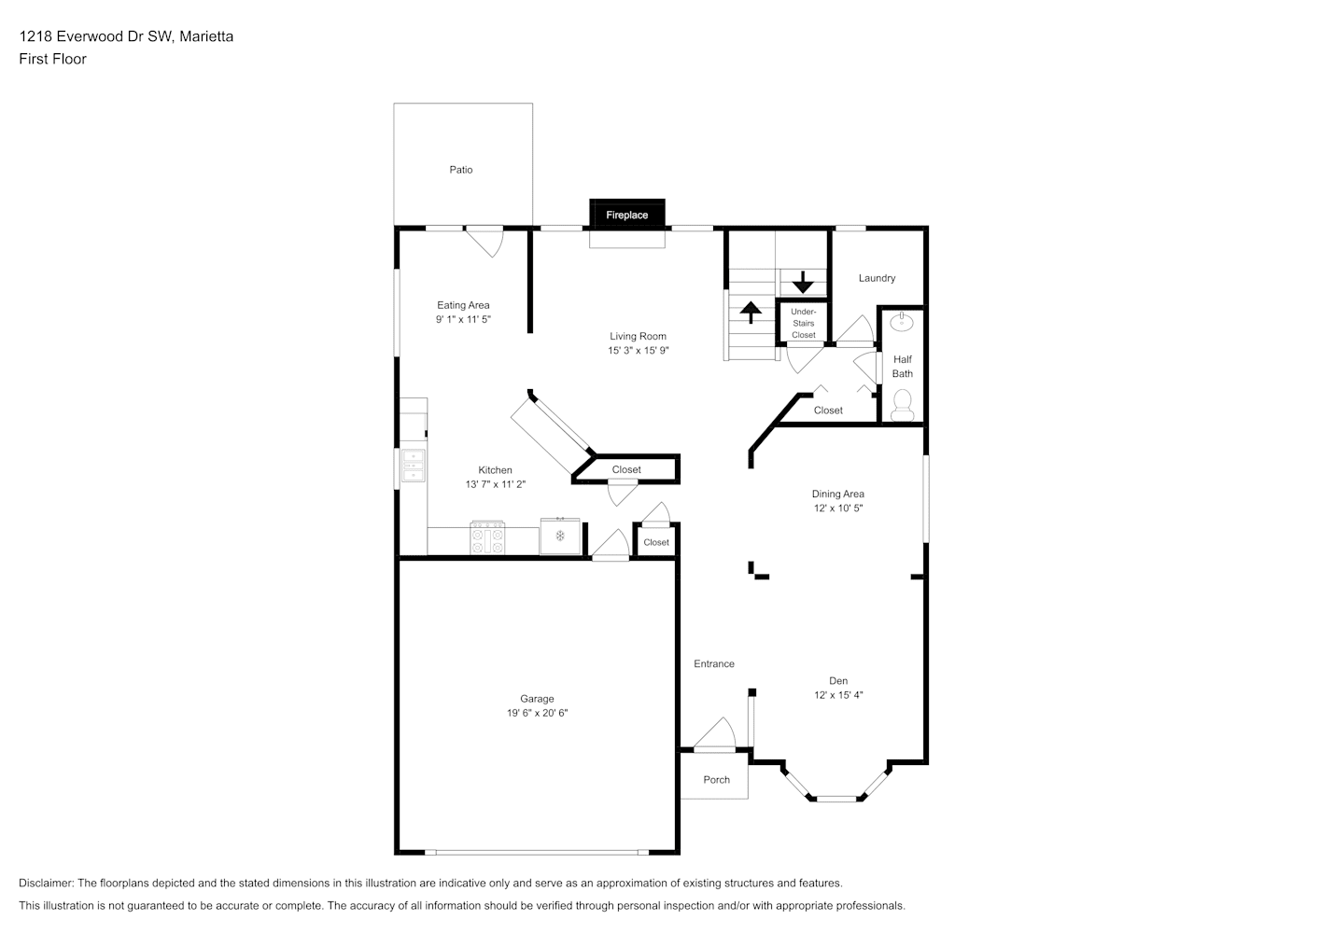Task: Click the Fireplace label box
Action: click(x=627, y=215)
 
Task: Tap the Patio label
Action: click(x=461, y=170)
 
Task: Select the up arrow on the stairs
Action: click(x=751, y=313)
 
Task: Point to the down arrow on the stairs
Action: click(x=803, y=282)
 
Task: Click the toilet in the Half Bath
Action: click(x=902, y=406)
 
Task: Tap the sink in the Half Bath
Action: click(x=901, y=322)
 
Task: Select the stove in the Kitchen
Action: click(x=487, y=537)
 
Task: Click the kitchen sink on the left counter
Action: click(x=414, y=466)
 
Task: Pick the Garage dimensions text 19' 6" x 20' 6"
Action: click(x=537, y=713)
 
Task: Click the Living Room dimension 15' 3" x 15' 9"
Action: click(x=639, y=351)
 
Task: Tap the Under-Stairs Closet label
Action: click(x=803, y=324)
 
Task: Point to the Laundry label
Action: click(x=877, y=278)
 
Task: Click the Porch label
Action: click(x=717, y=780)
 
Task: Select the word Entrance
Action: click(x=714, y=663)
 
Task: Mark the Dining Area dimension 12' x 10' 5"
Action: click(x=838, y=508)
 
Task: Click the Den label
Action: click(x=838, y=681)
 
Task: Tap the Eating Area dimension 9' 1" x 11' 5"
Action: click(x=463, y=319)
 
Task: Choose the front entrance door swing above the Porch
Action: click(x=715, y=734)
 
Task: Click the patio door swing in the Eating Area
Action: click(x=485, y=242)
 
